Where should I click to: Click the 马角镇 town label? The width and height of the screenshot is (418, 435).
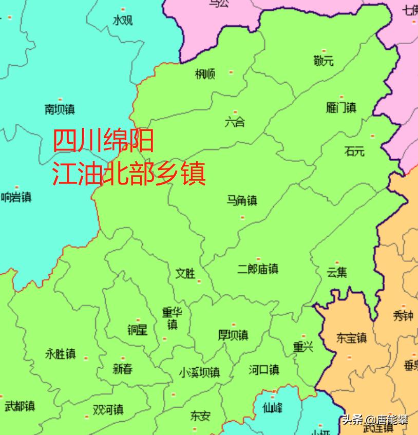[x=241, y=200]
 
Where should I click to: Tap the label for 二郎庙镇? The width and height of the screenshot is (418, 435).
[x=258, y=269]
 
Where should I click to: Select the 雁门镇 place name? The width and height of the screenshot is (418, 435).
[x=341, y=108]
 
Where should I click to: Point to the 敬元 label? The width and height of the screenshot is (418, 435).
[x=323, y=61]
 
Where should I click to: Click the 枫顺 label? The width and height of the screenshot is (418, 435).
[x=205, y=74]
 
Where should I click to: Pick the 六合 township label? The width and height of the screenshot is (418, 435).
[x=235, y=122]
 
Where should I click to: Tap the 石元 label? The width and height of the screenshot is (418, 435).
[x=354, y=151]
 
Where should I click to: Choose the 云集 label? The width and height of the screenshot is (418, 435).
[x=337, y=272]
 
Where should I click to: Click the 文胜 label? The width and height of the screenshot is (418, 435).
[x=185, y=274]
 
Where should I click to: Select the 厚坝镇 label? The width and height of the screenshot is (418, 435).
[x=233, y=335]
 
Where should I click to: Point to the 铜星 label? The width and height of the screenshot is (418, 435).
[x=137, y=330]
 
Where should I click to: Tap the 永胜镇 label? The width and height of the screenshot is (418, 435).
[x=60, y=354]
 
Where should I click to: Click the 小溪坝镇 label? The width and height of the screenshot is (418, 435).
[x=199, y=372]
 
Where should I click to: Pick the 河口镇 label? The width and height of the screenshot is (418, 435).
[x=263, y=369]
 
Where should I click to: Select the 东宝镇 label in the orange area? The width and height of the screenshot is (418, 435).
[x=351, y=338]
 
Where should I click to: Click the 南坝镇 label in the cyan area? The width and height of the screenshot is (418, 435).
[x=60, y=109]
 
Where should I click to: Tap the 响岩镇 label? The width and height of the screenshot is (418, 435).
[x=16, y=197]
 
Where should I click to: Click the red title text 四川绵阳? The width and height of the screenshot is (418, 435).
[x=104, y=140]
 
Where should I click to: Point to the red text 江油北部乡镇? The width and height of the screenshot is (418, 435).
[x=129, y=174]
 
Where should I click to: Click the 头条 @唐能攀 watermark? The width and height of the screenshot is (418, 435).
[x=375, y=420]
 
